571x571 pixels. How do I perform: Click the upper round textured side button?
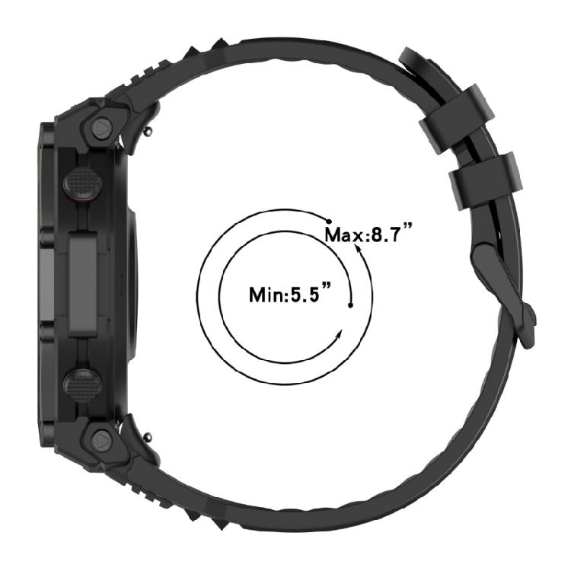(81, 183)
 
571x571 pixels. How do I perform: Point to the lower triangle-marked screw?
(101, 439)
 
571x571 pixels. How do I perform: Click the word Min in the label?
(266, 294)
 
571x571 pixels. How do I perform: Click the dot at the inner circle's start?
(350, 305)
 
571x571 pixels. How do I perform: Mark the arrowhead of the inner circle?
(338, 336)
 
